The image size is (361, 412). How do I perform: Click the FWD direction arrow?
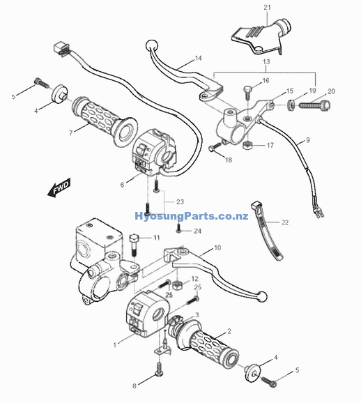click(x=59, y=187)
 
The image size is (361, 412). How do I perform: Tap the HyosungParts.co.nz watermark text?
click(x=191, y=216)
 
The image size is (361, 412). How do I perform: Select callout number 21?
click(x=267, y=8)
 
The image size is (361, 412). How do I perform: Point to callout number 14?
click(x=199, y=58)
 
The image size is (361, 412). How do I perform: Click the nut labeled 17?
click(x=247, y=145)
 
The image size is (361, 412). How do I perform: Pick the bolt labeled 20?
click(x=314, y=105)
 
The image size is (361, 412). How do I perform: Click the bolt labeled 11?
click(x=134, y=245)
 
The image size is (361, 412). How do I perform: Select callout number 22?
click(x=285, y=222)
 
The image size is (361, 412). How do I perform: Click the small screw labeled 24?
click(x=178, y=227)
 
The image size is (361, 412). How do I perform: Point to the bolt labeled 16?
click(x=247, y=92)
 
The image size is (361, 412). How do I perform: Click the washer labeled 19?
click(x=291, y=105)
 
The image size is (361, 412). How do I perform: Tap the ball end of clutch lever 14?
click(x=151, y=45)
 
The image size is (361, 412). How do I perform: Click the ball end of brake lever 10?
click(x=262, y=296)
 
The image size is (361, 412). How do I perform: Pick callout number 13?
click(x=266, y=62)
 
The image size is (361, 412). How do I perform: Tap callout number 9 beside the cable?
click(x=308, y=140)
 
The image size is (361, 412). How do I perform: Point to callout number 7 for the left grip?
click(x=70, y=133)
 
